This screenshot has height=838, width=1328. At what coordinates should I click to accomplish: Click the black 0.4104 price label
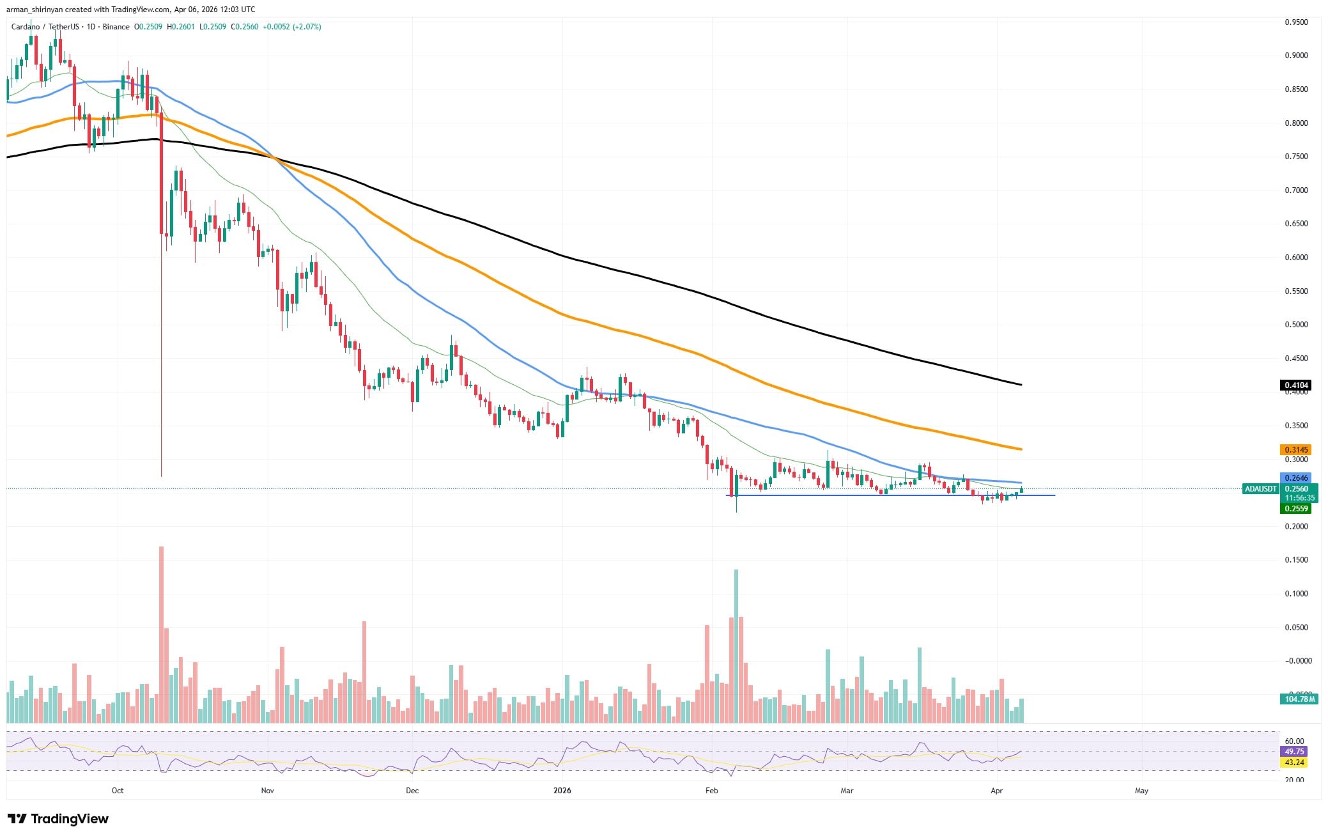coord(1295,385)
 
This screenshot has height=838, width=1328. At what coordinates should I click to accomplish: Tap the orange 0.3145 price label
coord(1295,449)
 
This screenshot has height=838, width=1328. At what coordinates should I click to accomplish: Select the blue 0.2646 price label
coord(1295,477)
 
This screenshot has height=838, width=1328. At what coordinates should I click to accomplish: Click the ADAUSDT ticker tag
coord(1260,489)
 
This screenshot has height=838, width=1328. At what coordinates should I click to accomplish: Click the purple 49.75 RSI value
coord(1295,751)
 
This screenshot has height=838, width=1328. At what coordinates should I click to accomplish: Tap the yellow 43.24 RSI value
coord(1295,762)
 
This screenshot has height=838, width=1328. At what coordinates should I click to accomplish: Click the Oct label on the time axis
coord(118,791)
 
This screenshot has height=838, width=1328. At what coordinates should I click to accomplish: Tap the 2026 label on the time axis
coord(562,791)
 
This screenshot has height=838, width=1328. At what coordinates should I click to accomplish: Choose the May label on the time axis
coord(1141,791)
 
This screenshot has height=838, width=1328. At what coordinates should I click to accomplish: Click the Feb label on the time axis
coord(711,791)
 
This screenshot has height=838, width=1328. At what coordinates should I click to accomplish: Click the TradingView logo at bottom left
coord(58,819)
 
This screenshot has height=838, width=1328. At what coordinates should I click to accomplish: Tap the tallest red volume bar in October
coord(161,633)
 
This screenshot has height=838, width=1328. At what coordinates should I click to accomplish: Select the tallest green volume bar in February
coord(736,646)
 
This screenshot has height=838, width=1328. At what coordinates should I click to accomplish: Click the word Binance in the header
coord(116,27)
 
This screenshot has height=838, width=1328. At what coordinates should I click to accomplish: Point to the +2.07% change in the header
coord(306,27)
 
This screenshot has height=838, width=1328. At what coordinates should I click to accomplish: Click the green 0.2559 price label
coord(1295,509)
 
